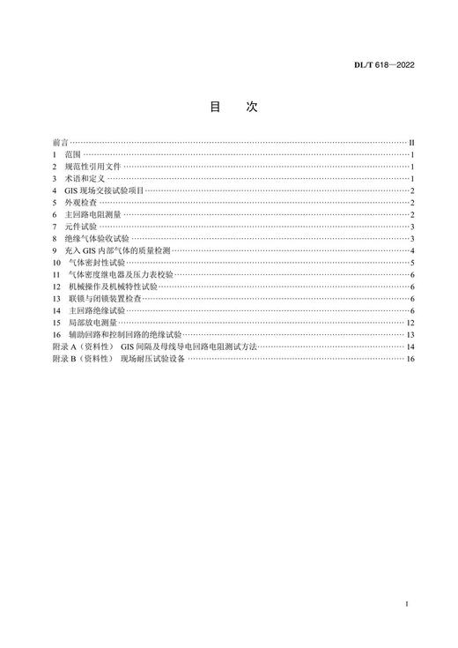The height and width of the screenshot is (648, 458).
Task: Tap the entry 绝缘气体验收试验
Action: [x=98, y=239]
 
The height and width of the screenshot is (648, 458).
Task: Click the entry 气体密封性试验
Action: [x=98, y=263]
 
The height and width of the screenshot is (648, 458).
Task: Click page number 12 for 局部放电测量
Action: [x=410, y=324]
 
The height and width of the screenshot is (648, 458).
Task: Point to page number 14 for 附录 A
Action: [x=410, y=347]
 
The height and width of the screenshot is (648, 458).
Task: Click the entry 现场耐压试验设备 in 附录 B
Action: [x=153, y=360]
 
